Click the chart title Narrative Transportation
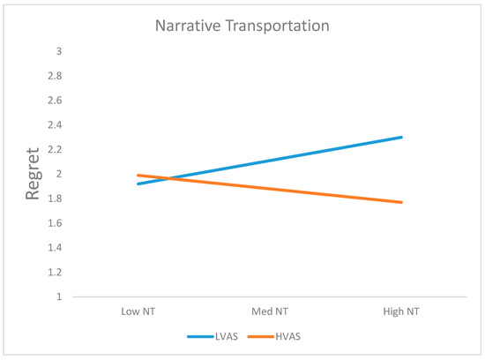242,26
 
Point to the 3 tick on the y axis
59,51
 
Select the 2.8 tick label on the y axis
56,76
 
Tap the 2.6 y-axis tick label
56,101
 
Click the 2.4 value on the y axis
56,124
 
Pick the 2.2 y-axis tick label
56,149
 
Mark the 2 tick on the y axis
59,174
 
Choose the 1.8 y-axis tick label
56,199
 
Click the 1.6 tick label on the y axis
56,223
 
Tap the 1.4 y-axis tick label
56,248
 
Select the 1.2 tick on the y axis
56,273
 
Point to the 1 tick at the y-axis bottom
59,297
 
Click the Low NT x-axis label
139,312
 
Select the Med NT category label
271,312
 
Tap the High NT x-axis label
402,312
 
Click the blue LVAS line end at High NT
402,137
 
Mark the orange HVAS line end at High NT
402,202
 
